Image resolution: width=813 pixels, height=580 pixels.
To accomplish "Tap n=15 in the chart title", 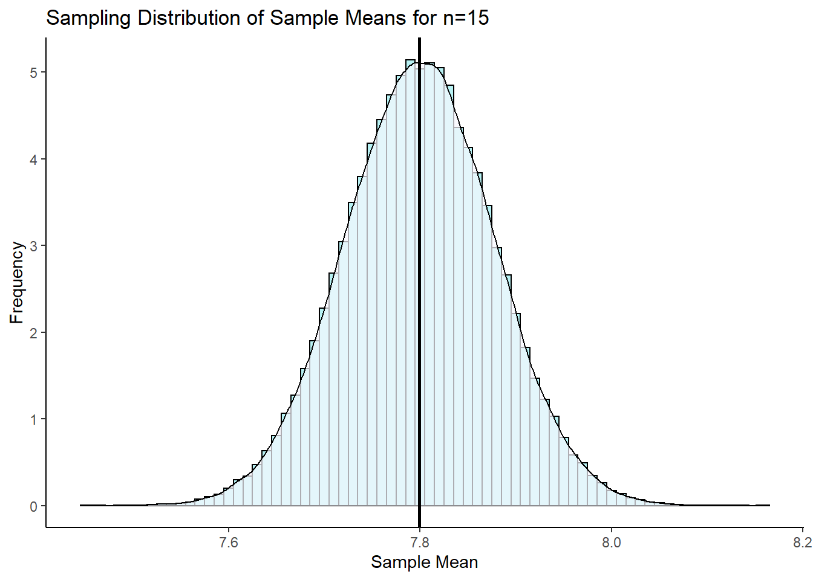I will (x=465, y=18).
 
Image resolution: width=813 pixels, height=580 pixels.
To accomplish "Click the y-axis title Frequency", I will (x=17, y=282).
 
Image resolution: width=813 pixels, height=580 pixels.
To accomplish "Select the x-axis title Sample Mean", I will (x=424, y=562).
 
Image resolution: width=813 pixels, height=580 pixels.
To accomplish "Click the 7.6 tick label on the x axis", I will (x=228, y=542).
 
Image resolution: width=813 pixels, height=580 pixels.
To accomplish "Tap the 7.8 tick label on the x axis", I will (x=420, y=542).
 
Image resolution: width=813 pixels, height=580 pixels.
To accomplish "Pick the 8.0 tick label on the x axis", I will (x=611, y=542).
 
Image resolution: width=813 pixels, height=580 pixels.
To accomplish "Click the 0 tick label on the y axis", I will (x=34, y=506).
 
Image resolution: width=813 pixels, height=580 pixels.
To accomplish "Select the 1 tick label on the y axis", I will (x=34, y=419).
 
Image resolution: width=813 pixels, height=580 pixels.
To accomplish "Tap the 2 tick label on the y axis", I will (x=34, y=333).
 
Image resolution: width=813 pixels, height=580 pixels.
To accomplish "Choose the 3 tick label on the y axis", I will (x=34, y=246).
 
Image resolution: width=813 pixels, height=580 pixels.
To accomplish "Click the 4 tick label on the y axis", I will (x=34, y=159).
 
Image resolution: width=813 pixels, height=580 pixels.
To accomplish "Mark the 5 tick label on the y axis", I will (x=34, y=72).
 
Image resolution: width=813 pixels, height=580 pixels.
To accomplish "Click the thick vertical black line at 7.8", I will (x=420, y=302).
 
